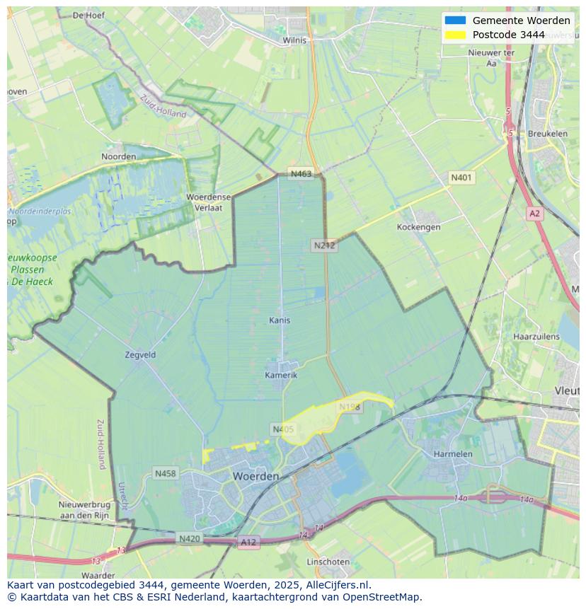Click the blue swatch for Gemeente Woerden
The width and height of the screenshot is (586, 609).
coord(455,21)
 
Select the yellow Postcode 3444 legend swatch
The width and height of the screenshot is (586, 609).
coord(455,35)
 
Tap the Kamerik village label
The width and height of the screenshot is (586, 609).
coord(281,375)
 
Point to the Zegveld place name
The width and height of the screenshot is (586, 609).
coord(139,355)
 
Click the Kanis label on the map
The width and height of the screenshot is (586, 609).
coord(280,320)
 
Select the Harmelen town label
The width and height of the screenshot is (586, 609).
coord(453,453)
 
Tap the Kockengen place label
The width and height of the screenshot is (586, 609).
coord(419,227)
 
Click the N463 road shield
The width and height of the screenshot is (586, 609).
coord(300,174)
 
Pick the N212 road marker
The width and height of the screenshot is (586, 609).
coord(324,245)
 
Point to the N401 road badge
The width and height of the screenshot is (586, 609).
coord(461,178)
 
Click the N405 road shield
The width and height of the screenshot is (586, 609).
coord(283,429)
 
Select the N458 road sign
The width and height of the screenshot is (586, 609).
coord(166,473)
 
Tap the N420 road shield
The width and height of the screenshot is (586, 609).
coord(189,539)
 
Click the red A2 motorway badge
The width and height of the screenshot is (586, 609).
coord(534,213)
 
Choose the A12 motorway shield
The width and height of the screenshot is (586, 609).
coord(248,543)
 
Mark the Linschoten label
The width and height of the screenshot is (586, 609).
coord(328,562)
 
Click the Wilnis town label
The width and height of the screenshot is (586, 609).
coord(294,40)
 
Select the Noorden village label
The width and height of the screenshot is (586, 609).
coord(118,156)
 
